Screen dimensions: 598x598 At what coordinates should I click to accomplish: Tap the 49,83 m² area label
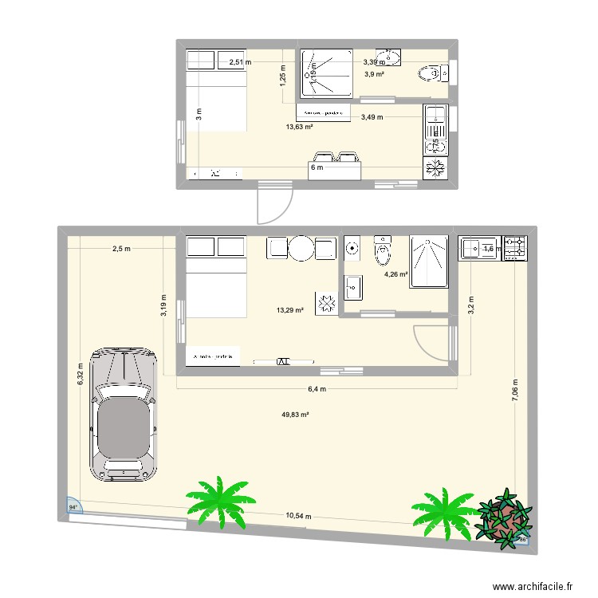(295, 415)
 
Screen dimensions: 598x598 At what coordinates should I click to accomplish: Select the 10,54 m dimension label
(299, 516)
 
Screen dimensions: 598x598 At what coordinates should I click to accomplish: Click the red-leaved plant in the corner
(503, 519)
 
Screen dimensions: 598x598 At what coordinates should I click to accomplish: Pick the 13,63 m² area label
(299, 126)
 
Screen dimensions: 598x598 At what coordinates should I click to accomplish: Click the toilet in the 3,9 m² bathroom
(429, 74)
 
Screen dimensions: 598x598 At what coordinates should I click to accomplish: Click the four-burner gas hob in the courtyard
(514, 248)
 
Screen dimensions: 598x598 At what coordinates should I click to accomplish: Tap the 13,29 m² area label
(289, 310)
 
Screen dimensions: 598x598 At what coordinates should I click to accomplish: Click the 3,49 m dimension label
(372, 117)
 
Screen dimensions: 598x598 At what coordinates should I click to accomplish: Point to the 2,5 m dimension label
(121, 249)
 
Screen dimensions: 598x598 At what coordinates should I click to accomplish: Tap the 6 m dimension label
(317, 167)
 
